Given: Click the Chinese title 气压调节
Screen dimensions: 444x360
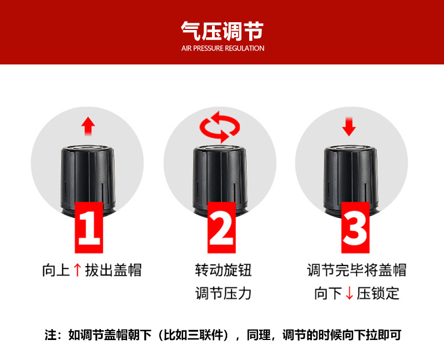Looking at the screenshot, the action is [x=223, y=31].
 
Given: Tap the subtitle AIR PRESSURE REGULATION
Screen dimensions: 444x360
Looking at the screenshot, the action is [x=223, y=48].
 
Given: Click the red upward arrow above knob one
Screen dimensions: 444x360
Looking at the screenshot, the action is [x=88, y=126].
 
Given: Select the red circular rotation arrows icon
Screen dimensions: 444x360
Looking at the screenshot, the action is [x=219, y=127].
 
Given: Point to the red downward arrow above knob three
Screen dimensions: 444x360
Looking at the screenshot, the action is [x=349, y=127].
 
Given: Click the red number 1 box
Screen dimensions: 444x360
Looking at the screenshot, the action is [x=89, y=227].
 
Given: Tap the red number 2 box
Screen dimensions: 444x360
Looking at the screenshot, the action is [x=221, y=227].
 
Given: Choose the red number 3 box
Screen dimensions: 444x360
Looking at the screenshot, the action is [x=355, y=227].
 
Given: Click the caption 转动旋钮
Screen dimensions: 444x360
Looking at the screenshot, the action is [x=223, y=270].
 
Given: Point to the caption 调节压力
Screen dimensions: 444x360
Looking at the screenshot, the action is [x=223, y=293].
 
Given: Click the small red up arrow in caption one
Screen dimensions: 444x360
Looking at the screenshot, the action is [x=77, y=270].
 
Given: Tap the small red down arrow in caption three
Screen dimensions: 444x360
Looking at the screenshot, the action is [x=350, y=293].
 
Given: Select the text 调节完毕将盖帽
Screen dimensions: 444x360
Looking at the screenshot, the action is [x=357, y=270].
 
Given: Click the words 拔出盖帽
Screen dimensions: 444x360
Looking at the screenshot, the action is [x=113, y=270].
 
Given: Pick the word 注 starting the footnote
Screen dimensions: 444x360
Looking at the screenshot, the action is [x=51, y=335].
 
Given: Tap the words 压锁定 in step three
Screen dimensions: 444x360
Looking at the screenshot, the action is [x=378, y=293].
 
